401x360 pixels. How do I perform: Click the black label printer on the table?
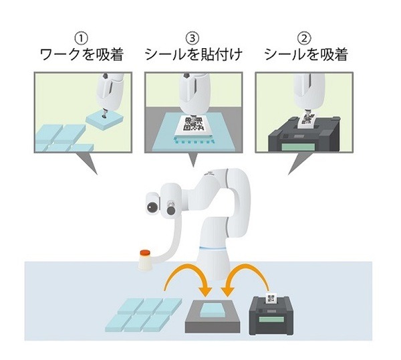273,314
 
